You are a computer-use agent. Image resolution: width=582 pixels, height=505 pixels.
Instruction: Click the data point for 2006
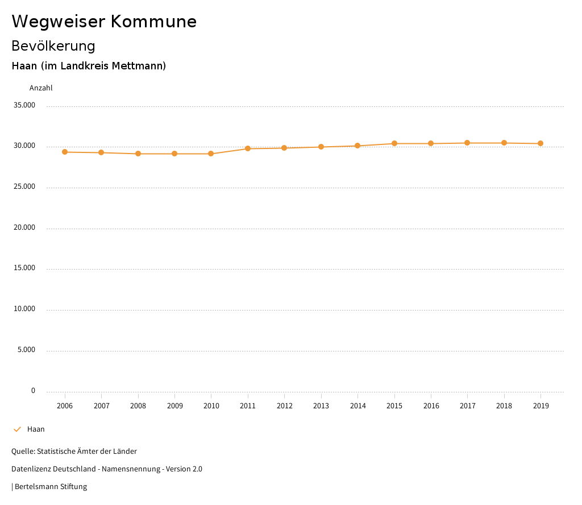point(65,152)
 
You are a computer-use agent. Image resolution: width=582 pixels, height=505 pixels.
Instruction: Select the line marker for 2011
point(248,148)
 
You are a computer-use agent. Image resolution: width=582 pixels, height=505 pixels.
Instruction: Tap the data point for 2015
point(394,143)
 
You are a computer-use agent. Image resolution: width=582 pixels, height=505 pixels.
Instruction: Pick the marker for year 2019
point(541,143)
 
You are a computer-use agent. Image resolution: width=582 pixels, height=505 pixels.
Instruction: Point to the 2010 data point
point(211,154)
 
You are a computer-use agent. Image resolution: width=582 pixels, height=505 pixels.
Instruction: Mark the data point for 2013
point(321,147)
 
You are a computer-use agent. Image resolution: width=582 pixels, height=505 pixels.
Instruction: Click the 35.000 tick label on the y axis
point(24,105)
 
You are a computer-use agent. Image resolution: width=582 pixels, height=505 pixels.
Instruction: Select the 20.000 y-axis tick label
point(24,227)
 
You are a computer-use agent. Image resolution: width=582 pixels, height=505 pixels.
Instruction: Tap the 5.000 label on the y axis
point(26,350)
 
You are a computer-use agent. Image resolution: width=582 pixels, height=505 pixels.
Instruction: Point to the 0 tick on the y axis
point(33,391)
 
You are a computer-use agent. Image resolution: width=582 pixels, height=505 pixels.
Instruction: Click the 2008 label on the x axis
point(138,406)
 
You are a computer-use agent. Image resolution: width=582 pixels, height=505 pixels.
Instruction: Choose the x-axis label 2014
point(357,406)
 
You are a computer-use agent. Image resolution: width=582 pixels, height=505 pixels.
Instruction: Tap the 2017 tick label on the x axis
point(468,406)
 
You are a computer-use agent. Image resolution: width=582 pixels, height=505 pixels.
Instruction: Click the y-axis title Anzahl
point(41,88)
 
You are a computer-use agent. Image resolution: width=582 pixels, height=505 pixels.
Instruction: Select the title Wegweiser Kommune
point(104,22)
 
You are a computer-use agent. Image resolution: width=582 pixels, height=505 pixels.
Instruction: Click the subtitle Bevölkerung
point(53,46)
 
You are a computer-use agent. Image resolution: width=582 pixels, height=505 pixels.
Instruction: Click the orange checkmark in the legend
point(17,429)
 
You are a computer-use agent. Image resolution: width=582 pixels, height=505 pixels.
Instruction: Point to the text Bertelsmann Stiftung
point(51,487)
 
